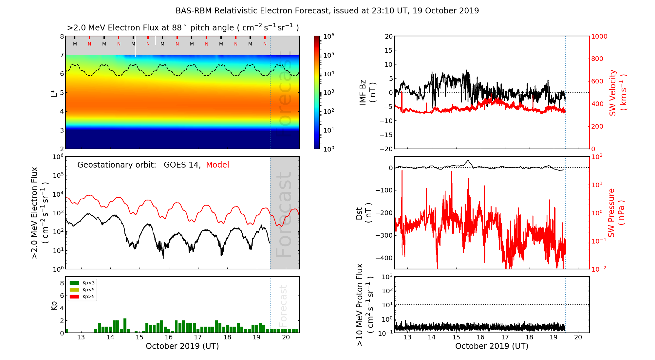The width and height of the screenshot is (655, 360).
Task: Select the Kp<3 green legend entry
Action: click(x=82, y=283)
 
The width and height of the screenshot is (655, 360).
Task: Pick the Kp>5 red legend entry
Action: click(x=82, y=297)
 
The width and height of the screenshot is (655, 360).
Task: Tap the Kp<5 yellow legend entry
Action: click(x=82, y=290)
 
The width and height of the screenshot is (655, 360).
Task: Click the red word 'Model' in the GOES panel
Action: click(x=217, y=165)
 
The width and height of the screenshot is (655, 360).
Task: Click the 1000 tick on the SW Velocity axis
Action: click(x=599, y=36)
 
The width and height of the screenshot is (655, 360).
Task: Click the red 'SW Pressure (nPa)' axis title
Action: click(x=616, y=213)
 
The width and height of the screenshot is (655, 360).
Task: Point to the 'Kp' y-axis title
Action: click(x=54, y=305)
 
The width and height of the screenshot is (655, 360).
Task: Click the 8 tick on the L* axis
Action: click(x=62, y=36)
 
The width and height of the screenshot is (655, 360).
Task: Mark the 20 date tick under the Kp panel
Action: click(x=286, y=337)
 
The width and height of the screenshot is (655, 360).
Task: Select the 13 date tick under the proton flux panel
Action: click(x=407, y=337)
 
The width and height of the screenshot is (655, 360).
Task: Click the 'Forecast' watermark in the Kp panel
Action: click(x=283, y=305)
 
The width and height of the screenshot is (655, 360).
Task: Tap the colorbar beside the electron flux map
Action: click(x=317, y=92)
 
